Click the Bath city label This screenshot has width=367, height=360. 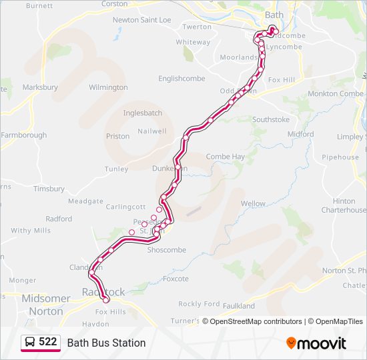coord(274,14)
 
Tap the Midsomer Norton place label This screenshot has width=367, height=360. coord(46,304)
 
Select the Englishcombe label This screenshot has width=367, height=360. coord(181,79)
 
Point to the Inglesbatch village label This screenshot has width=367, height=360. coord(143,113)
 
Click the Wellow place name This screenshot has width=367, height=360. coord(253,203)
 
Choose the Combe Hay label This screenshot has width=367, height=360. coord(225,157)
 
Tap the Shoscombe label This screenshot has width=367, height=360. coord(166,250)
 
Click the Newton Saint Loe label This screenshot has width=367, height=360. coord(141,20)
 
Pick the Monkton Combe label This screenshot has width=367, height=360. coord(335,94)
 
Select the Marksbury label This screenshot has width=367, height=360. coord(40,87)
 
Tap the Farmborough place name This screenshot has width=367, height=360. coord(24,135)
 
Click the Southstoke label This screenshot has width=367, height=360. coord(271,120)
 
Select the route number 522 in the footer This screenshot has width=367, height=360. coord(47,342)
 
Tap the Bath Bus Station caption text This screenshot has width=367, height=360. coord(106,343)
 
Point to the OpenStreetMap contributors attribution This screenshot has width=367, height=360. coord(255,321)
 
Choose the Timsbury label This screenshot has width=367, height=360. coord(49,189)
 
